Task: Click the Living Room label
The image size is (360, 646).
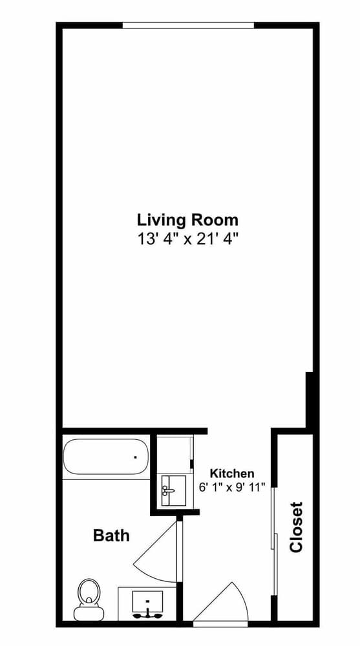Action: pyautogui.click(x=187, y=220)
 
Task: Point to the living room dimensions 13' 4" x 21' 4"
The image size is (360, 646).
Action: pyautogui.click(x=188, y=239)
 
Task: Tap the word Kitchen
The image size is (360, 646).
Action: pyautogui.click(x=232, y=473)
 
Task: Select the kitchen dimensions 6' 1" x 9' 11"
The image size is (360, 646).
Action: pyautogui.click(x=232, y=487)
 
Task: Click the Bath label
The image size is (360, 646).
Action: pyautogui.click(x=111, y=535)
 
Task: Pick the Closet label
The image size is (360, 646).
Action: pyautogui.click(x=296, y=526)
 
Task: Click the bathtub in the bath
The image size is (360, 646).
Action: pyautogui.click(x=105, y=457)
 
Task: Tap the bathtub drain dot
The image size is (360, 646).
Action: pyautogui.click(x=135, y=457)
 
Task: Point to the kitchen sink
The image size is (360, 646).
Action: pyautogui.click(x=173, y=491)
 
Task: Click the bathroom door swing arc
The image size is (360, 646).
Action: pyautogui.click(x=154, y=552)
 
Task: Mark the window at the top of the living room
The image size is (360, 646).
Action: pyautogui.click(x=189, y=26)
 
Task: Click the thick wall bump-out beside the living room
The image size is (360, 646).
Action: pyautogui.click(x=309, y=400)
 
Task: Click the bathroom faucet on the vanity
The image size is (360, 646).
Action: pyautogui.click(x=147, y=614)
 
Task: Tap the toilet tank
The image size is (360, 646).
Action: pyautogui.click(x=89, y=614)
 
